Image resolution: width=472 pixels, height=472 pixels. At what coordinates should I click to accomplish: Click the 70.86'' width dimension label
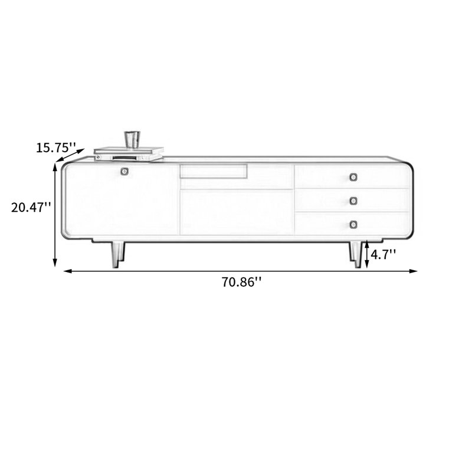tap(241, 283)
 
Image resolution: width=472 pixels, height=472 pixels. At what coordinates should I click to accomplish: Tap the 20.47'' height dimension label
tap(31, 208)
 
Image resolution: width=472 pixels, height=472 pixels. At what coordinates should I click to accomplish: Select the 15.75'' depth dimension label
tap(56, 147)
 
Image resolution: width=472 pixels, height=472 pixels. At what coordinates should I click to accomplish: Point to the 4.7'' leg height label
tap(383, 255)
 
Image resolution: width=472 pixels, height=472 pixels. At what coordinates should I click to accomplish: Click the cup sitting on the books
tap(132, 139)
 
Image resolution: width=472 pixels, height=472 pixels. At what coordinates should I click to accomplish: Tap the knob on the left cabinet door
tap(124, 171)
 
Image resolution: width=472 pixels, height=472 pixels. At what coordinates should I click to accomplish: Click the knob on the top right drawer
tap(353, 177)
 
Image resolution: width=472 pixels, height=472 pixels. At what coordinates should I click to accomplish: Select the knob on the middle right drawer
tap(353, 201)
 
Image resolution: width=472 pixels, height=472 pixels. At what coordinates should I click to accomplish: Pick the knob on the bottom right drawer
tap(353, 224)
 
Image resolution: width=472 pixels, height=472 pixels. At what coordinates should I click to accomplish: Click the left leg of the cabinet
tap(117, 255)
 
